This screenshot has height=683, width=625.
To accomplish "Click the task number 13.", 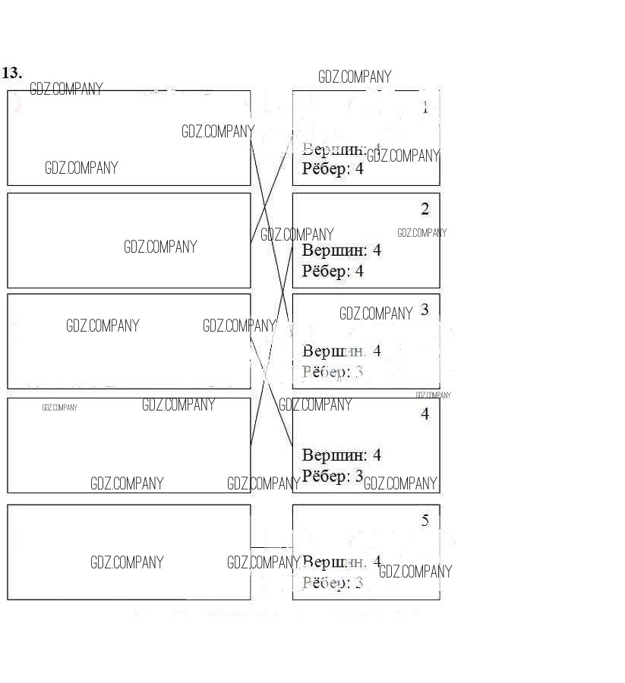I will coord(11,73).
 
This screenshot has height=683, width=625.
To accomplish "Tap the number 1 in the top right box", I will coord(425,108).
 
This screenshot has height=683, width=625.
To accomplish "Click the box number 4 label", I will coord(425,414).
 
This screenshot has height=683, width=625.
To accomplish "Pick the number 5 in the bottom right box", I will coord(425,521).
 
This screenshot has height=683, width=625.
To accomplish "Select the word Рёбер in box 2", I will coord(326,270).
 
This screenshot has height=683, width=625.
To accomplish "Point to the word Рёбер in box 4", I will coord(326,476).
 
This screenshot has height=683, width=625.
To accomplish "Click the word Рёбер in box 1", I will coord(326,168).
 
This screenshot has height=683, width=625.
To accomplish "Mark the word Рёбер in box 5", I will coord(326,583).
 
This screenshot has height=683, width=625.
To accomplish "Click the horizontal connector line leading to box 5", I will coord(271,547).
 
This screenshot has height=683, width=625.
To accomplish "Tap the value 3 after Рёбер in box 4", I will coord(359,476).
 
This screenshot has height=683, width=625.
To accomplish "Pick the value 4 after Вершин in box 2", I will coord(377,250).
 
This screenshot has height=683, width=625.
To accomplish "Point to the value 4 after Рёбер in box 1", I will coord(359,168).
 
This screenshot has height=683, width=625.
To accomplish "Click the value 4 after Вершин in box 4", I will coord(377,455).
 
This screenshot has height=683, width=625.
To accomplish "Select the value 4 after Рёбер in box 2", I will coord(359,270).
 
